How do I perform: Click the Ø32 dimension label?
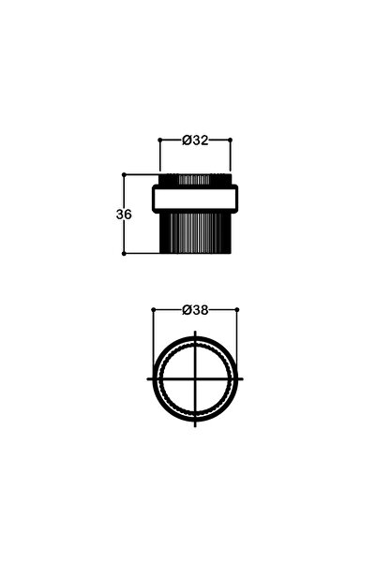point(195,140)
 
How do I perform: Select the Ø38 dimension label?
point(195,309)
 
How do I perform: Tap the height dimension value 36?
point(124,214)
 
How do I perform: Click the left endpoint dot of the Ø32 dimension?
point(159,140)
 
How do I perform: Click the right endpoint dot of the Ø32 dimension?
point(231,140)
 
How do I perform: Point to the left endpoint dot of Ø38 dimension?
point(154,309)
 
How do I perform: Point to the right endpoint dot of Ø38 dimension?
point(237,309)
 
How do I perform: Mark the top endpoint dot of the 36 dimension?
point(125,174)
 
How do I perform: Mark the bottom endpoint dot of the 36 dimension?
point(125,253)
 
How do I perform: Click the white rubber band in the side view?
point(195,199)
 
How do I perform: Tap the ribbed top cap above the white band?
point(195,179)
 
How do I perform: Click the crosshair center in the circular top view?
point(196,378)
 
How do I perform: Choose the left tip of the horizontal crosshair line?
point(148,378)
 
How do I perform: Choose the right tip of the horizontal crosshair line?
point(244,378)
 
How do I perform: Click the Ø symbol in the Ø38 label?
point(187,309)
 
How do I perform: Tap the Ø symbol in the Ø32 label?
point(187,140)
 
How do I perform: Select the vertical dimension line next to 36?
point(125,234)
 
